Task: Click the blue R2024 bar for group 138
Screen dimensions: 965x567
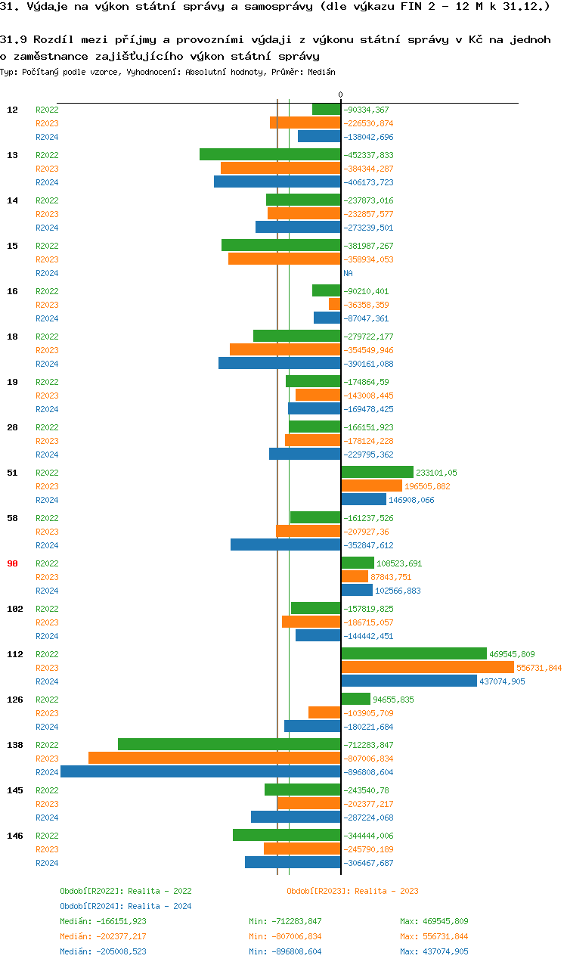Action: tap(200, 772)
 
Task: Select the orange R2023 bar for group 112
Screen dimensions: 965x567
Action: tap(427, 668)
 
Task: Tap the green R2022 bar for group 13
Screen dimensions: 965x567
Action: tap(270, 155)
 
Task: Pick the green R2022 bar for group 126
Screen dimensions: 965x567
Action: tap(355, 700)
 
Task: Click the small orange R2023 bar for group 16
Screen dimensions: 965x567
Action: tap(334, 305)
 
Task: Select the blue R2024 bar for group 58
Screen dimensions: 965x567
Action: tap(285, 545)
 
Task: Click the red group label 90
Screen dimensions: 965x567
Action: tap(12, 563)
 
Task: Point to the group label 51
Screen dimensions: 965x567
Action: tap(12, 473)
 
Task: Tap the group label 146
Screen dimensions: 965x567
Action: tap(14, 836)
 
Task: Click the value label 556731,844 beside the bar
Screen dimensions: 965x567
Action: tap(539, 668)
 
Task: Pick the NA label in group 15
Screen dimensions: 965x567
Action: tap(348, 273)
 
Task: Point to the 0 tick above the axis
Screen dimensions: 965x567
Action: tap(340, 95)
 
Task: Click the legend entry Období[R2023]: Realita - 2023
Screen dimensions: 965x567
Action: tap(352, 891)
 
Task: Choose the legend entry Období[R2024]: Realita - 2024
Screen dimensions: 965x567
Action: tap(125, 906)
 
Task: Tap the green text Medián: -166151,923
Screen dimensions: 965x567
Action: tap(103, 921)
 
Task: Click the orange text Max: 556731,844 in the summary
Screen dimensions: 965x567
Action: tap(435, 936)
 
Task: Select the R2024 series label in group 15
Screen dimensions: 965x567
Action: tap(47, 273)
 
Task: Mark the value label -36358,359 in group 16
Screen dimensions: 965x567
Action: tap(368, 305)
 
